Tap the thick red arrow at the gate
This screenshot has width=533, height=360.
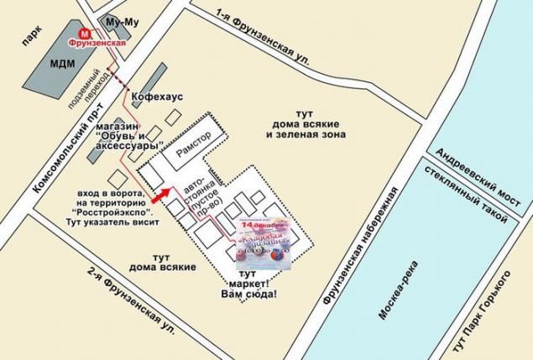pyautogui.click(x=160, y=194)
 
